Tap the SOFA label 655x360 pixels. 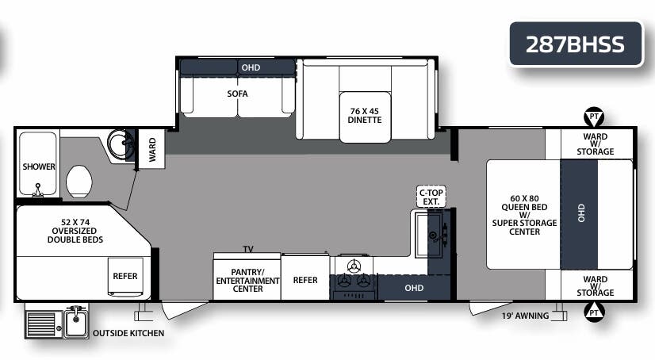point(237,94)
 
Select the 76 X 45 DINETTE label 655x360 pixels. point(366,115)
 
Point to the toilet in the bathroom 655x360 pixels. point(80,180)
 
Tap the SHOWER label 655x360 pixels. point(39,167)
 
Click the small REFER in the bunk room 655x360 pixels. point(125,276)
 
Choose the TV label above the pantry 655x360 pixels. point(248,249)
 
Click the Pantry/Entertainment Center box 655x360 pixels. point(247,280)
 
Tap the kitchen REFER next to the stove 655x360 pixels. point(305,280)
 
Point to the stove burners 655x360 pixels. point(354,281)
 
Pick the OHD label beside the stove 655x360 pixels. point(414,288)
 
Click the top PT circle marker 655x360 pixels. point(593,117)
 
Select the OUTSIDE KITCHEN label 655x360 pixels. point(128,333)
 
